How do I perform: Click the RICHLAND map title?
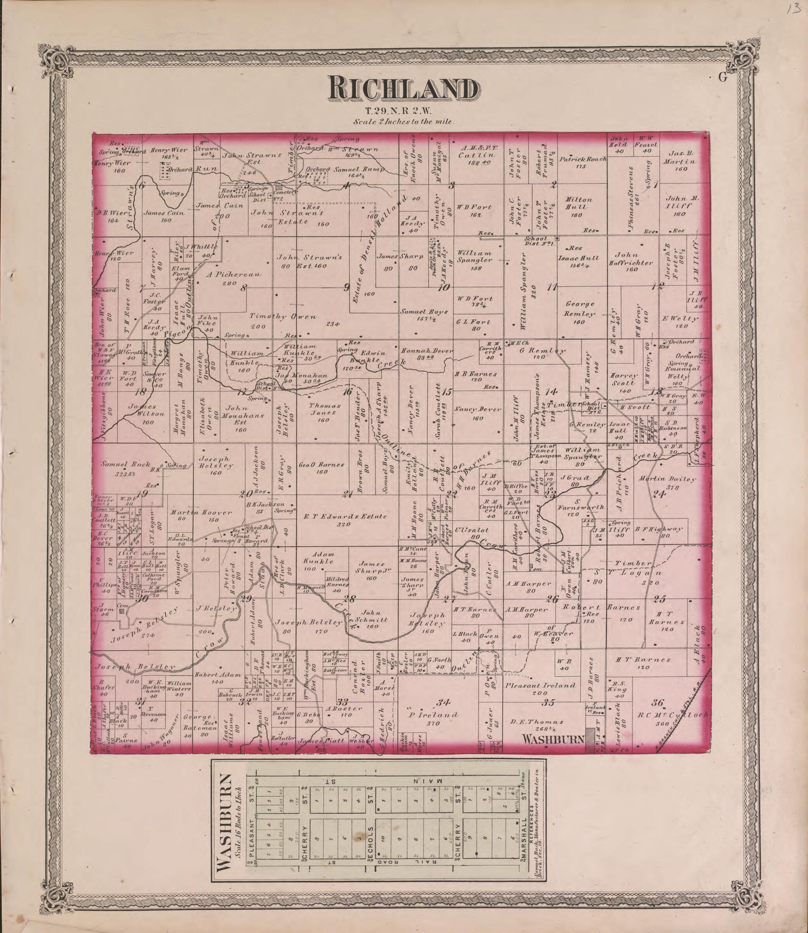pyautogui.click(x=404, y=89)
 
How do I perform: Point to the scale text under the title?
pyautogui.click(x=403, y=122)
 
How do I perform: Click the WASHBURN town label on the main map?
pyautogui.click(x=553, y=739)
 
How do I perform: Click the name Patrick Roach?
pyautogui.click(x=583, y=159)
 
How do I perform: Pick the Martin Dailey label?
pyautogui.click(x=667, y=479)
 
